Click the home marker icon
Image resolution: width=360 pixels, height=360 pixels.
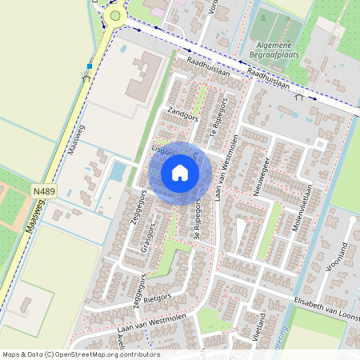pyautogui.click(x=180, y=173)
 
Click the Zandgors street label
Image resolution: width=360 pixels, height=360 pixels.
pyautogui.click(x=182, y=115)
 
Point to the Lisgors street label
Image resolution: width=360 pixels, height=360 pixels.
pyautogui.click(x=162, y=150)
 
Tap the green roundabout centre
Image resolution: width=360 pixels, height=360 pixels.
pyautogui.click(x=116, y=15)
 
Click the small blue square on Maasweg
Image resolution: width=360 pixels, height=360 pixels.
pyautogui.click(x=90, y=66)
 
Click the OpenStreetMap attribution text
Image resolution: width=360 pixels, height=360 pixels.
pyautogui.click(x=81, y=354)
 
